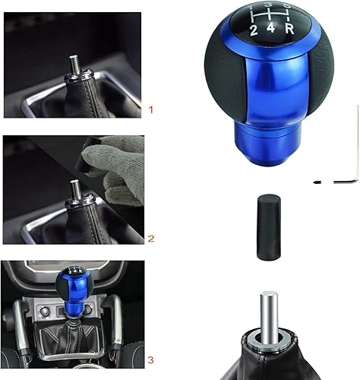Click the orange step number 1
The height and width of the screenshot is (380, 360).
tap(150, 110)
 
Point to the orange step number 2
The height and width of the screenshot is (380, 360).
tap(151, 238)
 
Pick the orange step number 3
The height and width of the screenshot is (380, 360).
tap(151, 359)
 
